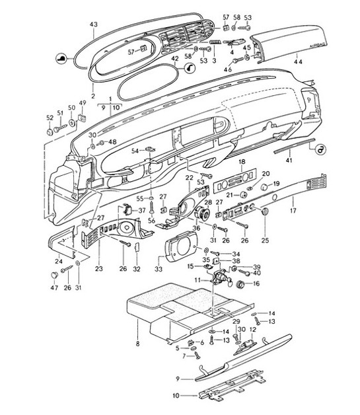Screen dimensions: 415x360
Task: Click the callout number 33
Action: [159, 270]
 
